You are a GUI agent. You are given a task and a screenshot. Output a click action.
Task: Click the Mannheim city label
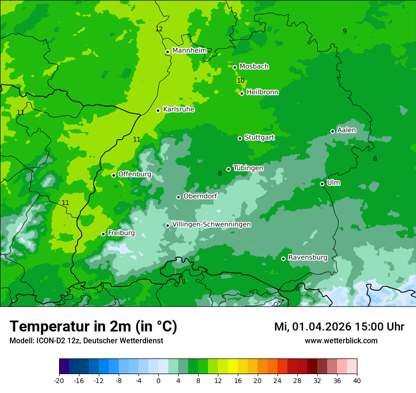(189, 51)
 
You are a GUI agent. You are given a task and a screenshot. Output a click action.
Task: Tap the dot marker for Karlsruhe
(158, 110)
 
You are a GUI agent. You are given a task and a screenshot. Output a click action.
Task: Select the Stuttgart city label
(259, 138)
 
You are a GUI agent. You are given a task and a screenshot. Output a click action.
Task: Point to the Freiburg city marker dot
(104, 234)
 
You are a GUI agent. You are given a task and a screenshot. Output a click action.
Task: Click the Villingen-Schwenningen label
(211, 224)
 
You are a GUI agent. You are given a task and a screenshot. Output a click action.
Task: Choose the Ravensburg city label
(307, 258)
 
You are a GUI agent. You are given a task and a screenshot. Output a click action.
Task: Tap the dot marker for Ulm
(322, 184)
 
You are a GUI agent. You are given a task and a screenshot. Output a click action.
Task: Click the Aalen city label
(346, 130)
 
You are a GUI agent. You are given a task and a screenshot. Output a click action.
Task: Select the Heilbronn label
(262, 92)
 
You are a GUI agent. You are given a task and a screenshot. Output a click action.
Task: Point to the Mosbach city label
(253, 67)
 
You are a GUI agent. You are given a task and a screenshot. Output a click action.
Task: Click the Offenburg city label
(134, 174)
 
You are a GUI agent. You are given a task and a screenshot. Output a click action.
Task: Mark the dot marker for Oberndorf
(179, 197)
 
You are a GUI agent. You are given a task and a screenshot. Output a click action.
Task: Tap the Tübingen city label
(248, 168)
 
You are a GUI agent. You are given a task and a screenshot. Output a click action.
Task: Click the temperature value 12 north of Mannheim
(159, 29)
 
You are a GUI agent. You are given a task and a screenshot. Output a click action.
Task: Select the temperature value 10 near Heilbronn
(241, 80)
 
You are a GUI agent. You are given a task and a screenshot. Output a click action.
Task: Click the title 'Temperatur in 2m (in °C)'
(93, 326)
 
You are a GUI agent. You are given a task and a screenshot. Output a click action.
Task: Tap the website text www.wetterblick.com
(341, 340)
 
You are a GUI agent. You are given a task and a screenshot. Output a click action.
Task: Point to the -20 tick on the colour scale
(59, 380)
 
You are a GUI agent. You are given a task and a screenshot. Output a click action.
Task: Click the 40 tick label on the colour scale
(356, 380)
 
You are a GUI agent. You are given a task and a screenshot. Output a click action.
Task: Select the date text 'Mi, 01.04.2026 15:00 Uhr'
(339, 327)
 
